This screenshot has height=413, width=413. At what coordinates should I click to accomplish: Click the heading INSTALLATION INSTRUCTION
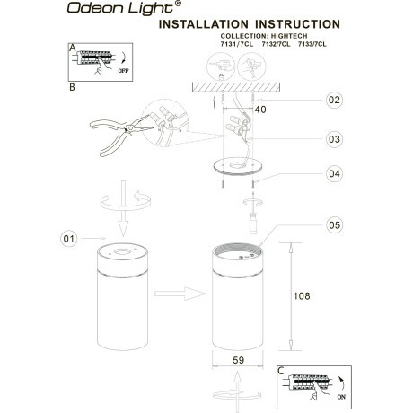click(249, 26)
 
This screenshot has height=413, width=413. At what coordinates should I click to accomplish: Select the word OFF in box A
click(123, 67)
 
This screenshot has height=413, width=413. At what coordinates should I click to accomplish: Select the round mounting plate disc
click(235, 166)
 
